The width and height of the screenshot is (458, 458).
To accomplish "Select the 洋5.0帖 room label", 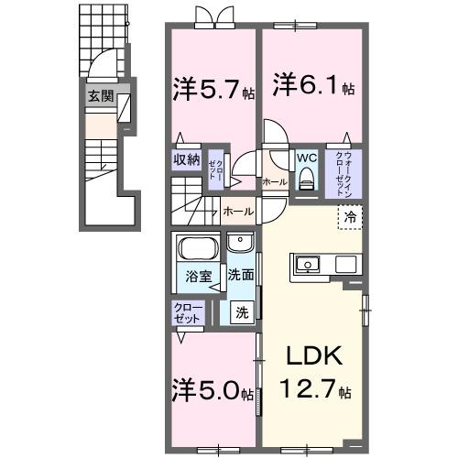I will [x=213, y=394].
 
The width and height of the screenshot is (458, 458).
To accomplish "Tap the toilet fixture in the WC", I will [x=305, y=180].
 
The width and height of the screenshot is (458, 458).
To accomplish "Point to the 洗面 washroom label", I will [x=241, y=273].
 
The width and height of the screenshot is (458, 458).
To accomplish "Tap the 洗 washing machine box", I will [x=241, y=311].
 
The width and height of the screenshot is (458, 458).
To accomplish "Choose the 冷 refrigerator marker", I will [x=352, y=216].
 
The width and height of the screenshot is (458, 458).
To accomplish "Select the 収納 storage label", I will [x=187, y=158].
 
